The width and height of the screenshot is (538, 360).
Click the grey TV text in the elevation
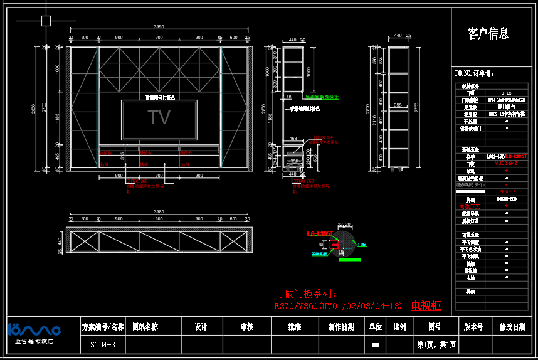point(159,118)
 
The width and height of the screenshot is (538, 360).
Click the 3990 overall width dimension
point(159,27)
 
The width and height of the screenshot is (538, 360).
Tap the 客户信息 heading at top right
point(488,33)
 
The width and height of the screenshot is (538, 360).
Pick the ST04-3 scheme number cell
point(98,345)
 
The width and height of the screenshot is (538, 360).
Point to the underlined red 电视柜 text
point(426,306)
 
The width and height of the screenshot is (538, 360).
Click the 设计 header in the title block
point(201,327)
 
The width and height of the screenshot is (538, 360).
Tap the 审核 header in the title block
point(247,327)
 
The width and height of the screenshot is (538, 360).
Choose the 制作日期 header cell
point(341,327)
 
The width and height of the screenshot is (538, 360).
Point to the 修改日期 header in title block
point(512,327)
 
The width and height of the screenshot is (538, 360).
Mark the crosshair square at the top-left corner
point(46,21)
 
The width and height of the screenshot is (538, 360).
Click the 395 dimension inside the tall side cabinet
point(398,105)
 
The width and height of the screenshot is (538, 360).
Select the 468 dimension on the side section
point(293,138)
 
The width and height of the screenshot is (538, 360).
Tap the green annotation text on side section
point(322,97)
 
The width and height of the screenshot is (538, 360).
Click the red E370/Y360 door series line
point(338,306)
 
